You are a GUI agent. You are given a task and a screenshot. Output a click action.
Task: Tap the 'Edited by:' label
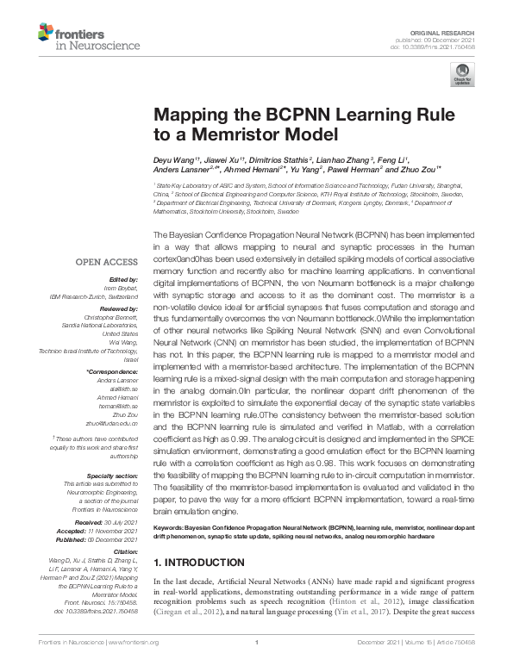point(122,278)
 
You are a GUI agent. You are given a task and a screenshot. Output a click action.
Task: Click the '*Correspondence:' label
point(112,370)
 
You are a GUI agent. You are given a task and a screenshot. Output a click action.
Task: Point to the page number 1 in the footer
point(256,666)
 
